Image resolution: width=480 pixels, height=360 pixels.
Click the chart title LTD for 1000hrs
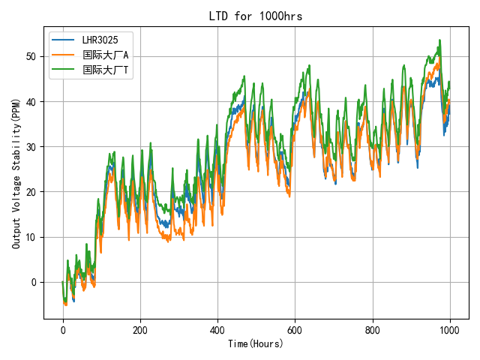[x=256, y=16]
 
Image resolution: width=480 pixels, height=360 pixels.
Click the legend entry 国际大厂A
[x=105, y=55]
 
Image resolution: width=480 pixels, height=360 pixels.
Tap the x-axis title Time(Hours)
[x=256, y=343]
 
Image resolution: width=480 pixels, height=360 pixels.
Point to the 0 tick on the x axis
[x=63, y=329]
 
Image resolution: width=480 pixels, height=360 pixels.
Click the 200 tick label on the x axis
[x=140, y=329]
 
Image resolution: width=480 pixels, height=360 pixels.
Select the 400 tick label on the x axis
[x=217, y=329]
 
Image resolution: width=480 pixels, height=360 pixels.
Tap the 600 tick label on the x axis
[x=295, y=329]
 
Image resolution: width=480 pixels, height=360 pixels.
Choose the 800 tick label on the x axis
[x=373, y=329]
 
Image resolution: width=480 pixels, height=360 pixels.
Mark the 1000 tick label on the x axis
[x=450, y=329]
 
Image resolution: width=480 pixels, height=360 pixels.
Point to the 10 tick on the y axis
[x=31, y=238]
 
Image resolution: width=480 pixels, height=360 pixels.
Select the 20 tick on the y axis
[x=31, y=192]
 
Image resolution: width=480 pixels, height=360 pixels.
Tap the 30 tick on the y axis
[x=31, y=147]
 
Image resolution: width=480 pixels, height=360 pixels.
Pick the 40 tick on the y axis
[x=31, y=102]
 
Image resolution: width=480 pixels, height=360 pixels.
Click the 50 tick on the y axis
[x=31, y=56]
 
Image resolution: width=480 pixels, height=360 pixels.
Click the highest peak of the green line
[x=439, y=40]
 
